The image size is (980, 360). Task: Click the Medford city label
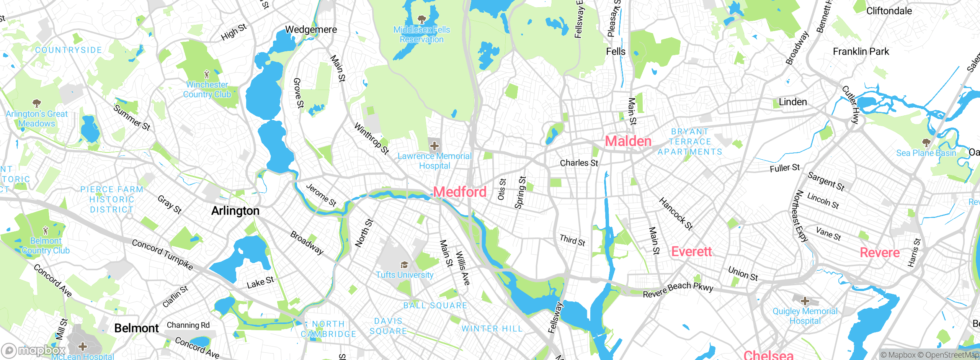click(x=460, y=192)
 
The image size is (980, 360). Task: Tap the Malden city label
click(x=628, y=141)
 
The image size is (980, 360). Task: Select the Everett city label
click(x=692, y=252)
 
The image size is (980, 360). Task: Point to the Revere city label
click(x=880, y=253)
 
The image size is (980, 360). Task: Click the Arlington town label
click(x=235, y=211)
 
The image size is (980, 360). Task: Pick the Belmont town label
click(x=136, y=328)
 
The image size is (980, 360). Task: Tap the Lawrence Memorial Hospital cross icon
click(x=434, y=146)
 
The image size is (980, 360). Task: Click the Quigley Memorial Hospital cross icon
click(x=805, y=301)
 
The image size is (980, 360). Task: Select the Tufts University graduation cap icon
click(x=404, y=265)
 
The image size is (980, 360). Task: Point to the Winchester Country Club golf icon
click(x=207, y=74)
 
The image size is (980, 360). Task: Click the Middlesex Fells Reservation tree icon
click(x=421, y=19)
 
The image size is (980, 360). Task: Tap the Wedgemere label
click(x=311, y=29)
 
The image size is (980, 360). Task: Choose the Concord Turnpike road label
click(x=162, y=254)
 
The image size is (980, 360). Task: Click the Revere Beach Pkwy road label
click(x=678, y=290)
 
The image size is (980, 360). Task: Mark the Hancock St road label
click(x=676, y=214)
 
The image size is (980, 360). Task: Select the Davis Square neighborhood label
click(x=388, y=326)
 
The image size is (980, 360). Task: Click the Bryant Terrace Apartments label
click(x=690, y=142)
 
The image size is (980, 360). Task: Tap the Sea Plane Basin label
click(x=926, y=153)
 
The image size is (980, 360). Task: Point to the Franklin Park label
click(x=861, y=51)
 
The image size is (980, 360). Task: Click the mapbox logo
click(x=34, y=350)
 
